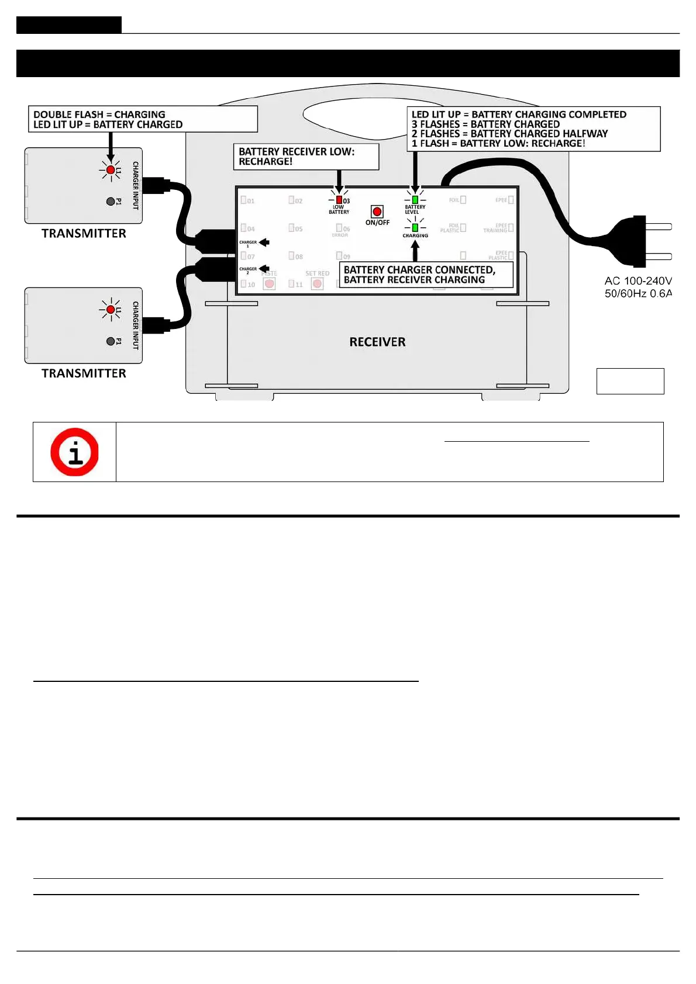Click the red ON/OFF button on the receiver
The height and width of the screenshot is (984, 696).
pos(377,212)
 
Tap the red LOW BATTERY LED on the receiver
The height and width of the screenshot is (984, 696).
pos(339,200)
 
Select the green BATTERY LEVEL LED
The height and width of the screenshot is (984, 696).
pos(415,199)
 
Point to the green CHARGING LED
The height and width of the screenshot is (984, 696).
pos(415,227)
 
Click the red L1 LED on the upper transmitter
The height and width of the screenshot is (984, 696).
pos(111,169)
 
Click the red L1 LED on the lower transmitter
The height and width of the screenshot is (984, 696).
pos(111,310)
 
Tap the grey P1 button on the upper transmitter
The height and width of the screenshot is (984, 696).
pos(111,202)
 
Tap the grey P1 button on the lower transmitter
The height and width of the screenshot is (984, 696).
pos(111,341)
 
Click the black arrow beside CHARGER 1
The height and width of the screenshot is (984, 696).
pos(264,242)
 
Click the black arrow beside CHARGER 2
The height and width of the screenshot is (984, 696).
pos(264,269)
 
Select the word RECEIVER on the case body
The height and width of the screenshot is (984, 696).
pos(377,342)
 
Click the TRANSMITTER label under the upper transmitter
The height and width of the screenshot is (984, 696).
pos(84,233)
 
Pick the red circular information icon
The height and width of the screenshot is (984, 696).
pos(74,452)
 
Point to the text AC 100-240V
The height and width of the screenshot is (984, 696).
pos(638,281)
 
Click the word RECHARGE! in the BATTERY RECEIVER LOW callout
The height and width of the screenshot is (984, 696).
pos(266,161)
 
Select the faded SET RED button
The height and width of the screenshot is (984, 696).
pos(317,284)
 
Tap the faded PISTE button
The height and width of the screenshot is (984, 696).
pos(269,284)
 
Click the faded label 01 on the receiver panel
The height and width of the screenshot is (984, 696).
pos(250,201)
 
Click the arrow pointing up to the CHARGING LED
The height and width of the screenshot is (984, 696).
pos(415,251)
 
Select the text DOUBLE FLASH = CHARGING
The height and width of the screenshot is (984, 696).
pos(99,115)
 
